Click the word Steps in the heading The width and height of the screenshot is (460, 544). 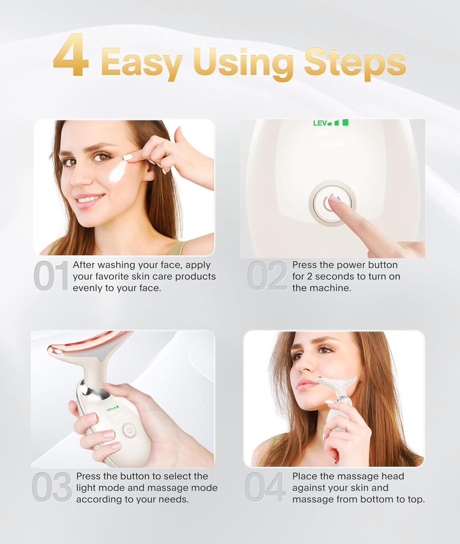355,62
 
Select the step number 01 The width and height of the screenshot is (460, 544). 51,276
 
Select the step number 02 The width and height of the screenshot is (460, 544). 267,276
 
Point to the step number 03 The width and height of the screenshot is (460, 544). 52,488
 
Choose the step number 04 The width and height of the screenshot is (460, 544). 265,488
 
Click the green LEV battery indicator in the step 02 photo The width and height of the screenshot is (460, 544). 330,123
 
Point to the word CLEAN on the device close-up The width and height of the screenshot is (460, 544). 332,144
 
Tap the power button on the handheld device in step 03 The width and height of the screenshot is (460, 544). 128,430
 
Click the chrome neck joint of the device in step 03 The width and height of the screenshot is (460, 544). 89,391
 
